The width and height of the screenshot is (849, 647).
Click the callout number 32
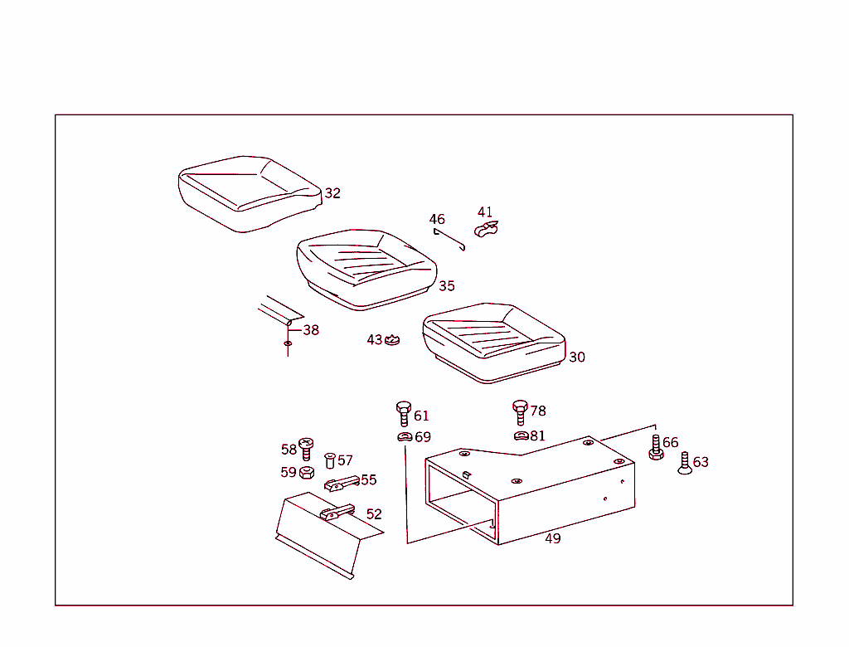332,193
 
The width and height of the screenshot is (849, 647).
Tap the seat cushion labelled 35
366,270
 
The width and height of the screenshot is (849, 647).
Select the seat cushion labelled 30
494,343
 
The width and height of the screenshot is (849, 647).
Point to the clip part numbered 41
486,230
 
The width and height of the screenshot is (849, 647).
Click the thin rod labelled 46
449,239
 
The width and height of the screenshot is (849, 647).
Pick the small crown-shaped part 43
391,340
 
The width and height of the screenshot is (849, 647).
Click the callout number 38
311,330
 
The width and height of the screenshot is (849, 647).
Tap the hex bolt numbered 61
404,414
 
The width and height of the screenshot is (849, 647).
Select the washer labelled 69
405,437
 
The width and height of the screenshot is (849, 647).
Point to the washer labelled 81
522,435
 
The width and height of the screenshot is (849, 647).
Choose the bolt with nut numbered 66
657,448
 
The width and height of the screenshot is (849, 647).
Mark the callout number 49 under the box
553,538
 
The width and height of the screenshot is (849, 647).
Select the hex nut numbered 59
307,473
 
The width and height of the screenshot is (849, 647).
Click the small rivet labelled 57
330,460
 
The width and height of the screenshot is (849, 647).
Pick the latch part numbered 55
342,484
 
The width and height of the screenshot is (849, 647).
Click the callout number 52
374,514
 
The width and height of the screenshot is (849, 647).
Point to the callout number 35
447,286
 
